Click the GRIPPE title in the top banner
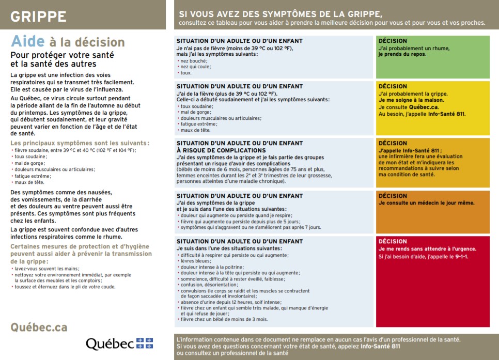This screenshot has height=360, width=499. (x=39, y=17)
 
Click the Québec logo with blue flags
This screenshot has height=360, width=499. (x=119, y=343)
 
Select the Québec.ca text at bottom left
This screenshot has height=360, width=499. (x=39, y=327)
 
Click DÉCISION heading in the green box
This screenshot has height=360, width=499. (x=393, y=41)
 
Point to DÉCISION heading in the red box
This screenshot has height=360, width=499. (x=393, y=241)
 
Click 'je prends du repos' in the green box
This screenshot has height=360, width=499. (x=400, y=54)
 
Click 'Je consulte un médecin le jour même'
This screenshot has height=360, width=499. (x=426, y=203)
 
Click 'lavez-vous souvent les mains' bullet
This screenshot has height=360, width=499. (x=47, y=269)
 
